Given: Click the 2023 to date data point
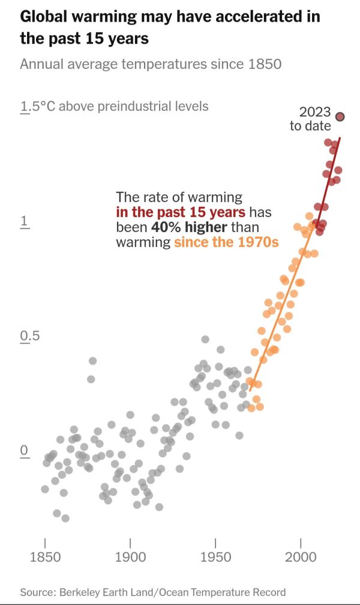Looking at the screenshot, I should tap(340, 117).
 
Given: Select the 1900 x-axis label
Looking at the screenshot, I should tap(130, 557).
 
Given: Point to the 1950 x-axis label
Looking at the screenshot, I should tap(215, 557).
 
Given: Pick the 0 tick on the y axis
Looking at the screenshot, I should tap(25, 450).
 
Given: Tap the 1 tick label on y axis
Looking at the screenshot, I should tap(25, 221).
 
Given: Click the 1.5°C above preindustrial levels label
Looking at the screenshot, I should tap(114, 107).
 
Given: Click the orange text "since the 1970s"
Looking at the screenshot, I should tap(226, 243).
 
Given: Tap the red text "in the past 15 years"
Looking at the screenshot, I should tap(180, 212).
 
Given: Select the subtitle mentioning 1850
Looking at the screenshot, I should tap(151, 64).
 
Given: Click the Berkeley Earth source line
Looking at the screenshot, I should tap(153, 592).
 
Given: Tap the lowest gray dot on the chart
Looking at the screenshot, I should tap(65, 518).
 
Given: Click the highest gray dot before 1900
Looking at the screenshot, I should tap(92, 361).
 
